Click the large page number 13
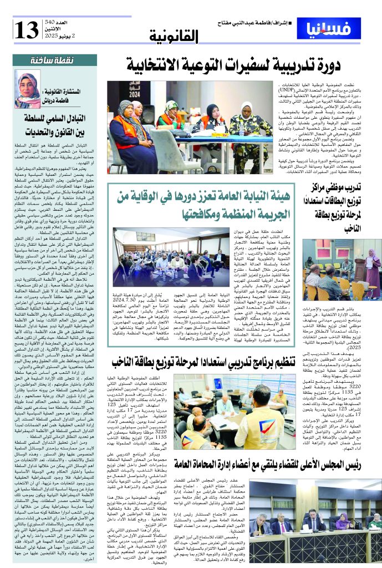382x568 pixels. (27, 28)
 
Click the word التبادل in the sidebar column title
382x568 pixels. (82, 118)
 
